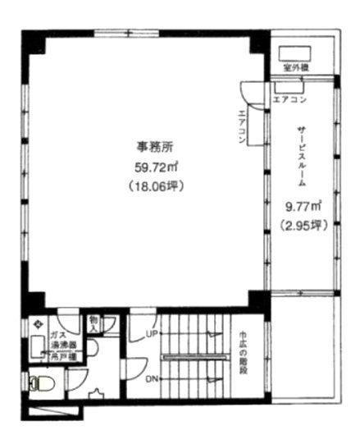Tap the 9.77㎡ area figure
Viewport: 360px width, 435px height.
pyautogui.click(x=303, y=207)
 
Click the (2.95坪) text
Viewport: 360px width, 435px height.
pyautogui.click(x=303, y=223)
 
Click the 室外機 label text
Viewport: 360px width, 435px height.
pyautogui.click(x=294, y=67)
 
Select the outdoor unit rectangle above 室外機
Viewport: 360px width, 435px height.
pyautogui.click(x=298, y=48)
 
